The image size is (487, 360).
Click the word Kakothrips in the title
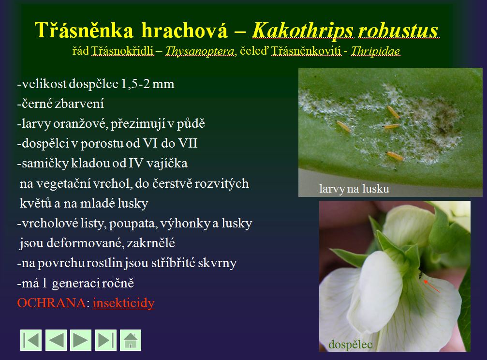[302, 31]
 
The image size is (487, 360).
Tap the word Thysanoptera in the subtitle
[199, 51]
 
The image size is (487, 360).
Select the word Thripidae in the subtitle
[375, 51]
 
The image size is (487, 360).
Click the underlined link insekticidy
[124, 303]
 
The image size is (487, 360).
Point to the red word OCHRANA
[52, 303]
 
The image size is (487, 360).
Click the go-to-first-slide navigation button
[31, 340]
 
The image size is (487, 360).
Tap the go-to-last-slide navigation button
[105, 340]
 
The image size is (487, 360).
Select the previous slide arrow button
[56, 340]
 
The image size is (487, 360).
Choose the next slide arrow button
[81, 340]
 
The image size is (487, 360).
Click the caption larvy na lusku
[354, 189]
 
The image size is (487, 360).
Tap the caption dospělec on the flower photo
[350, 345]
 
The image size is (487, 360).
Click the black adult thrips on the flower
[421, 275]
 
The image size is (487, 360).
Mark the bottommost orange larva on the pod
[395, 155]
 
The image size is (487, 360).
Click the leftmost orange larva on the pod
[343, 126]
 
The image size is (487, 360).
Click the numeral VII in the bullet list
[188, 143]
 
